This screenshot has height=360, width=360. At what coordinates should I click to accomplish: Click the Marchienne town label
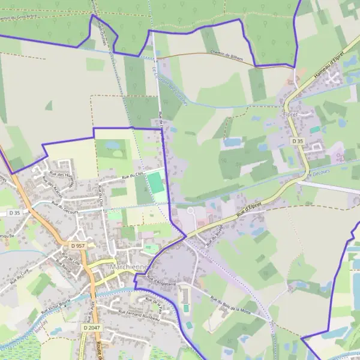pyautogui.click(x=128, y=266)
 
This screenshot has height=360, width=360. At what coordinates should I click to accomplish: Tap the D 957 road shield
pyautogui.click(x=77, y=246)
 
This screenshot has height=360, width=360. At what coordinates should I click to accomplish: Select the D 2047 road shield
pyautogui.click(x=92, y=328)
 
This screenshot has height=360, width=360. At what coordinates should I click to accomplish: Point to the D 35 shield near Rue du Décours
pyautogui.click(x=15, y=212)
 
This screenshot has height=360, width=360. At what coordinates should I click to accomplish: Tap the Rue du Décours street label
pyautogui.click(x=66, y=211)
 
